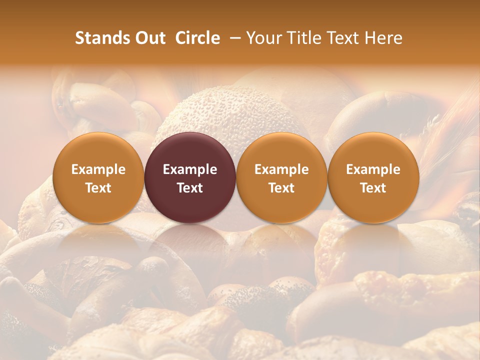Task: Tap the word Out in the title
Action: pos(148,38)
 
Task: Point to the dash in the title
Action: pos(233,38)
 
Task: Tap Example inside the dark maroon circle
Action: pos(190,169)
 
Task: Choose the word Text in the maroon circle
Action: pos(190,188)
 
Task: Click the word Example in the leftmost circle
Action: pos(98,169)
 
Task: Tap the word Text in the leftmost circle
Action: pos(98,188)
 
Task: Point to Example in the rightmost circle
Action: pos(373,169)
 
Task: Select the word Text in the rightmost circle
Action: pos(373,188)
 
